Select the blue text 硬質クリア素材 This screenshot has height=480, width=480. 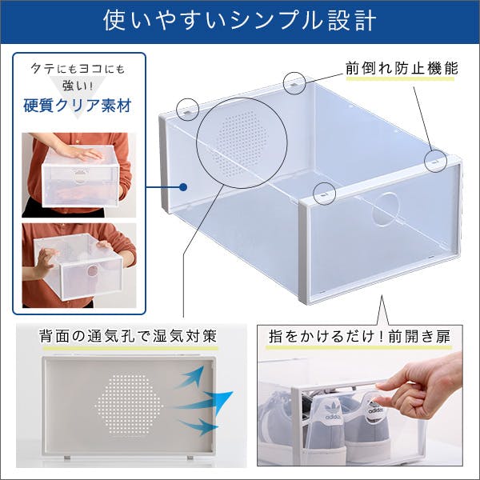pyautogui.click(x=78, y=106)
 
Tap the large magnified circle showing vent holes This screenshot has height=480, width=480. pyautogui.click(x=242, y=143)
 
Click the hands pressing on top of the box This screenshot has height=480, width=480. pyautogui.click(x=80, y=153)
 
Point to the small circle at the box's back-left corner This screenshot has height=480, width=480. pyautogui.click(x=188, y=108)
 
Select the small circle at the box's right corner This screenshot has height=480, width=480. pyautogui.click(x=436, y=159)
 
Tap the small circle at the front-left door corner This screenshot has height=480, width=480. pyautogui.click(x=324, y=192)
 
